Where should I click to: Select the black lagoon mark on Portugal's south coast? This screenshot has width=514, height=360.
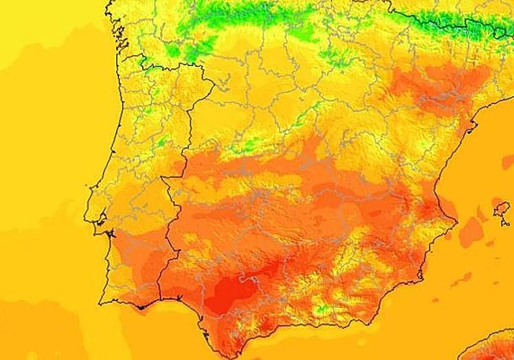pyautogui.click(x=142, y=307)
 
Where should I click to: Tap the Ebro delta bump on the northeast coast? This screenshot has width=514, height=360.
pyautogui.click(x=474, y=124)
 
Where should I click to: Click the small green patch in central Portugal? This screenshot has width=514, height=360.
pyautogui.click(x=162, y=143)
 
